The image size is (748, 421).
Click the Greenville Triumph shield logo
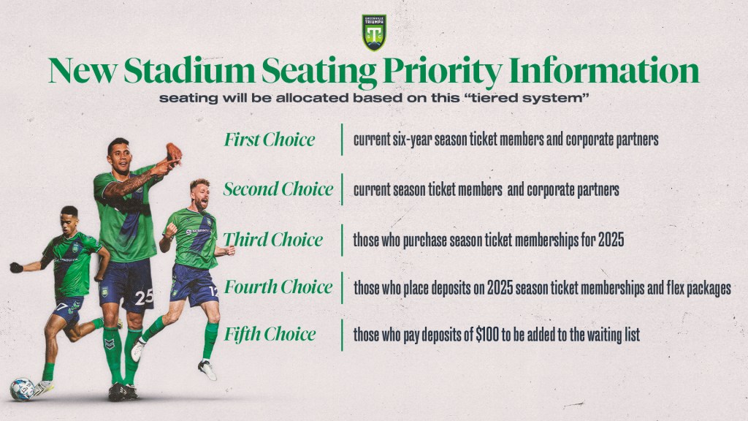tap(374, 32)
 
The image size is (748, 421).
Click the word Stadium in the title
tap(189, 72)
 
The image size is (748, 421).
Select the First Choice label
tap(270, 140)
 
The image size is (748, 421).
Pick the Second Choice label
tap(278, 189)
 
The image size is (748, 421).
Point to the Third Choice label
tap(273, 240)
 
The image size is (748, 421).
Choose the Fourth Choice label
tap(278, 287)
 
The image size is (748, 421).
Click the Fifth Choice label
tap(270, 334)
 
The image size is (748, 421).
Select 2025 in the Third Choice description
tap(611, 240)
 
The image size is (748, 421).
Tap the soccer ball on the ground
tap(22, 389)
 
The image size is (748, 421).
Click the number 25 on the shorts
tap(144, 297)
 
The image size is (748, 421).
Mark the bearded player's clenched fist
tap(171, 230)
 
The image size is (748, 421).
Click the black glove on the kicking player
tap(16, 268)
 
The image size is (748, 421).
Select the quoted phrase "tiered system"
tap(527, 99)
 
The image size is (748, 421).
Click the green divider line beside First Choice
tap(342, 140)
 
